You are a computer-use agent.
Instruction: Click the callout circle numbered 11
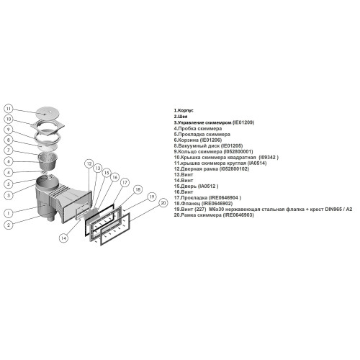pyautogui.click(x=9, y=109)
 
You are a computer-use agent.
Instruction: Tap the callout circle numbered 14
pyautogui.click(x=63, y=238)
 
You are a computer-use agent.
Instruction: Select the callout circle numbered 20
pyautogui.click(x=163, y=203)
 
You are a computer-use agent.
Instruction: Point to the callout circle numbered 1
pyautogui.click(x=9, y=213)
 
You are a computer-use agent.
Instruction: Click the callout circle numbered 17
pyautogui.click(x=125, y=183)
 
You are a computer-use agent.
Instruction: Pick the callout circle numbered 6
pyautogui.click(x=9, y=161)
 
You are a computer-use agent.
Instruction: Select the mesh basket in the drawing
pyautogui.click(x=48, y=160)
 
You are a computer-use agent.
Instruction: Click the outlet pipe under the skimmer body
pyautogui.click(x=50, y=218)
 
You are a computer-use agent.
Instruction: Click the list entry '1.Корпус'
pyautogui.click(x=184, y=110)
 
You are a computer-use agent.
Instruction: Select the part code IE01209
pyautogui.click(x=243, y=122)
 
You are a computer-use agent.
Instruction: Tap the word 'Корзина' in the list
pyautogui.click(x=189, y=140)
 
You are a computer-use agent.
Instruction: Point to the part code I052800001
pyautogui.click(x=238, y=152)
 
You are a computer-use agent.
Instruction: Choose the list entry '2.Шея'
pyautogui.click(x=181, y=117)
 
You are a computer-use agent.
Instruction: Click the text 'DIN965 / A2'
pyautogui.click(x=338, y=210)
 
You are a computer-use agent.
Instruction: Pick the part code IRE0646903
pyautogui.click(x=238, y=215)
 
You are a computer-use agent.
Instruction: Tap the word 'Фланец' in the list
pyautogui.click(x=190, y=204)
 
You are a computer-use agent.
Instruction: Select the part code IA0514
pyautogui.click(x=257, y=163)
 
